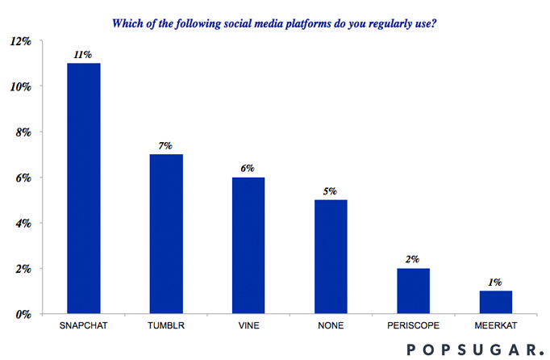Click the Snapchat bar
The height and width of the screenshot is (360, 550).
(84, 188)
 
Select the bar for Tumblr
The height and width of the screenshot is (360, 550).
(166, 234)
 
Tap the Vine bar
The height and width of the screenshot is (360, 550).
(248, 245)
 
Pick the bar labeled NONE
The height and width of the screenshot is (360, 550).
(331, 257)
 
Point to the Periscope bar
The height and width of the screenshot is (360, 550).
(413, 291)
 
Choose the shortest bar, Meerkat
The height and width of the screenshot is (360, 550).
(495, 302)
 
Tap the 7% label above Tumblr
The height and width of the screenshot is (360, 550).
(166, 146)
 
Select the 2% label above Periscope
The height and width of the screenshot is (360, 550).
(413, 260)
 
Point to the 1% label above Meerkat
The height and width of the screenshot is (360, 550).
(495, 283)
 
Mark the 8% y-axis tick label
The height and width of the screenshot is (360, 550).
(23, 132)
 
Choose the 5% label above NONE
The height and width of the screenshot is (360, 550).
(331, 192)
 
